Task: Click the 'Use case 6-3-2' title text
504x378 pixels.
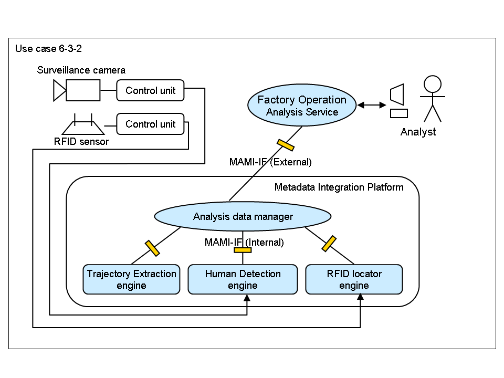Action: pos(48,49)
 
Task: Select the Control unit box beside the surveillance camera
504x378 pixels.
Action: pos(150,90)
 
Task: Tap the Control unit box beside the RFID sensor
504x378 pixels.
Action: pos(150,124)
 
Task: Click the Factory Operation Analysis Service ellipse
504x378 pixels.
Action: pos(302,106)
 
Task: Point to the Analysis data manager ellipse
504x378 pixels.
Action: pos(243,216)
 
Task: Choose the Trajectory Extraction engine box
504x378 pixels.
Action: pos(131,279)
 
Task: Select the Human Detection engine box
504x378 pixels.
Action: pos(243,279)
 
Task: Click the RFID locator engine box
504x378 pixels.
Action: pos(354,279)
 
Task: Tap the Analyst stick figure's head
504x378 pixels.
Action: pos(432,84)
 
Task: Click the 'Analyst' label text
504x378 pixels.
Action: pos(418,132)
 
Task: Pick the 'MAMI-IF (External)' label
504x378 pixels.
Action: pos(270,162)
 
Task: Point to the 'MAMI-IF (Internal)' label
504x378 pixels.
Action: pos(244,243)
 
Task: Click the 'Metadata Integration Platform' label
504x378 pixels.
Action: pos(339,187)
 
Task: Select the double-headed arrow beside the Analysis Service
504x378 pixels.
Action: pos(371,106)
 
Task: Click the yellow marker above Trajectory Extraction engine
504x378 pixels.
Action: pos(152,248)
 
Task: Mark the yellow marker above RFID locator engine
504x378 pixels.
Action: pos(329,244)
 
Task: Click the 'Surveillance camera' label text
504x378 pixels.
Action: pos(81,70)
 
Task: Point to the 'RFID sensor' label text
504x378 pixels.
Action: pos(81,141)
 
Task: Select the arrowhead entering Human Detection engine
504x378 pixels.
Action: pos(247,298)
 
